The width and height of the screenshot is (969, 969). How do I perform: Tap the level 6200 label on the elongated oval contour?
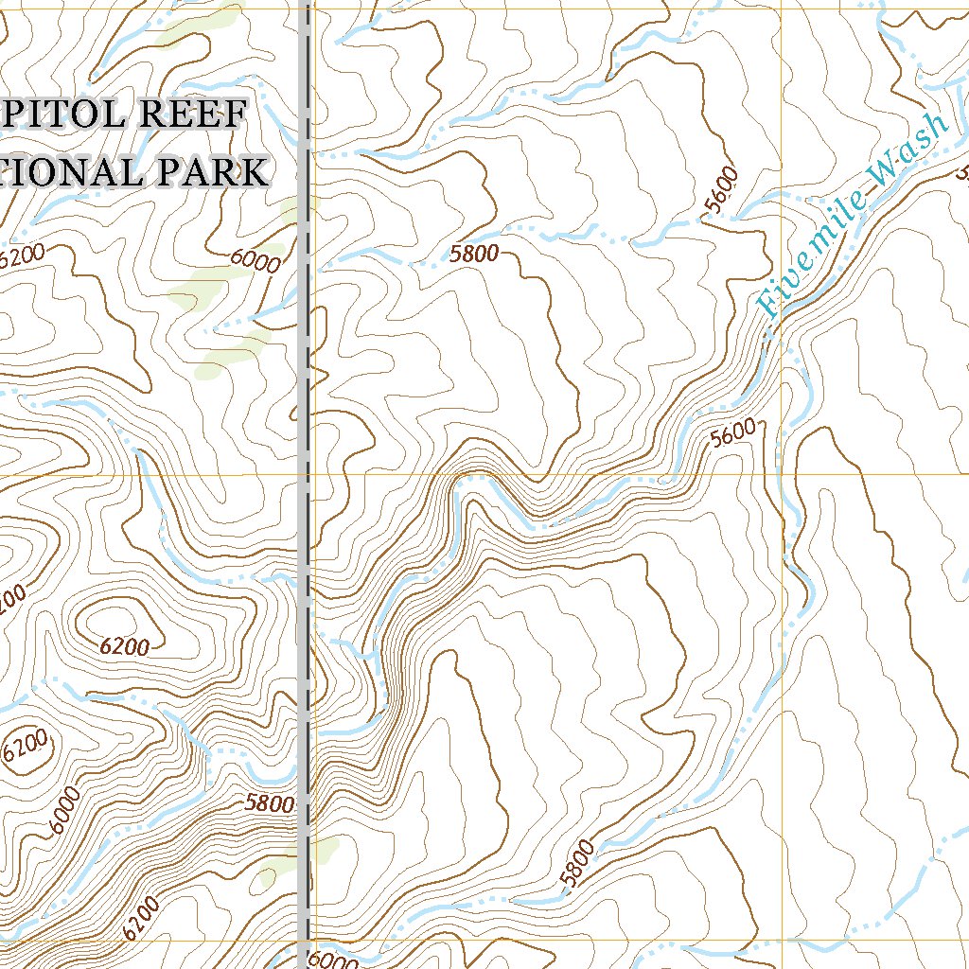[124, 647]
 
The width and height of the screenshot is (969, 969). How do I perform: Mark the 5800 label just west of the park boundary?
[270, 803]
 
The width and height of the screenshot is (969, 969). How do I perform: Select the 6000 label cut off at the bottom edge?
[333, 960]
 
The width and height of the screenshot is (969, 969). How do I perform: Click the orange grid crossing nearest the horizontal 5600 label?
[784, 474]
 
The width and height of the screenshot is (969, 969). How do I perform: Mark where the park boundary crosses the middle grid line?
[305, 474]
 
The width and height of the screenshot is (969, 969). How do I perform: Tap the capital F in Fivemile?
[768, 305]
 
